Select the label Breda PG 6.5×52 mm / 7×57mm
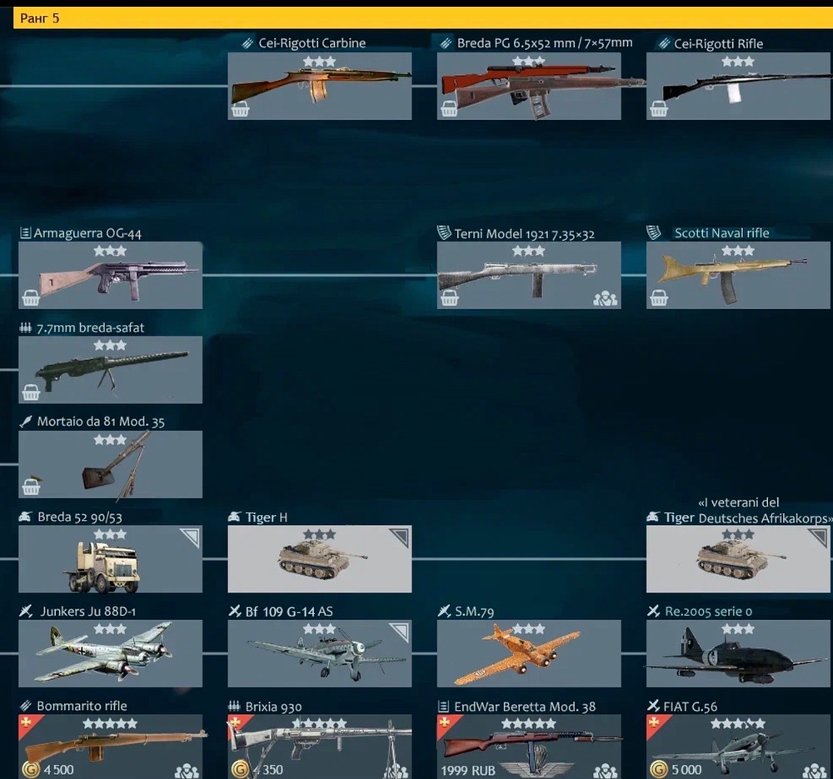coord(544,42)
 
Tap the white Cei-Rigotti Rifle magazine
coord(734,93)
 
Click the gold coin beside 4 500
coord(30,769)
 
